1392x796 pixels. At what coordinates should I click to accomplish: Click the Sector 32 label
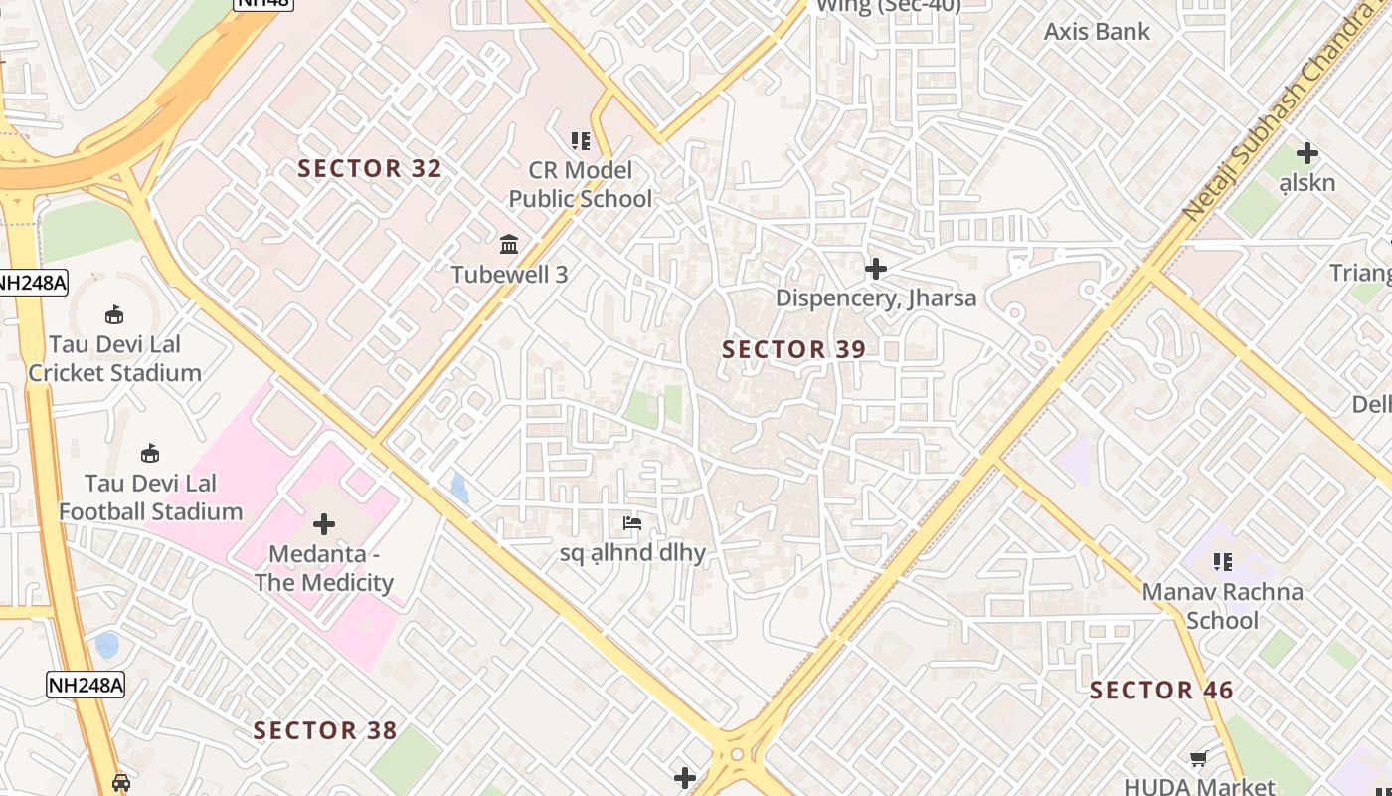click(x=370, y=169)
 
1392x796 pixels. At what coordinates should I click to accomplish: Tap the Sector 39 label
click(x=793, y=349)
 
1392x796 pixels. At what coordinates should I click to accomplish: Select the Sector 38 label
click(x=325, y=731)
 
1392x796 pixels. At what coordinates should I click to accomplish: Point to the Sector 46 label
click(x=1161, y=691)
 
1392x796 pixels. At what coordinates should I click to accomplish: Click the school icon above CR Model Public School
click(x=580, y=141)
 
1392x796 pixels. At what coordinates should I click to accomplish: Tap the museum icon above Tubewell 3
click(x=509, y=244)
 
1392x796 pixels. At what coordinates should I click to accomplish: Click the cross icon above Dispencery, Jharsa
click(x=875, y=269)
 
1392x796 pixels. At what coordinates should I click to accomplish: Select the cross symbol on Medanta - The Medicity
click(x=323, y=524)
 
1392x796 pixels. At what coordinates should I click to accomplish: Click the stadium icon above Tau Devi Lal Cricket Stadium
click(x=114, y=315)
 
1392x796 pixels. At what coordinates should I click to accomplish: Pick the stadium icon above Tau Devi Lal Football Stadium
click(x=150, y=454)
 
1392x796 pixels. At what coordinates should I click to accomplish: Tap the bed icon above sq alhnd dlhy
click(x=631, y=523)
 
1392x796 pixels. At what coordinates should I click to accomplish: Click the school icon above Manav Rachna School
click(x=1222, y=562)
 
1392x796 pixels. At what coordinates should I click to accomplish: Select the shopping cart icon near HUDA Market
click(x=1200, y=759)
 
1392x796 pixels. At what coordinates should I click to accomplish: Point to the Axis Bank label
click(x=1097, y=31)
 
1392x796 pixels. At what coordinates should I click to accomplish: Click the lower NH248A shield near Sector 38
click(x=86, y=685)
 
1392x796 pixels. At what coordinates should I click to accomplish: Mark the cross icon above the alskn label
click(x=1306, y=153)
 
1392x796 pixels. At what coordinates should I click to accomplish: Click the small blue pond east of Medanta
click(x=458, y=488)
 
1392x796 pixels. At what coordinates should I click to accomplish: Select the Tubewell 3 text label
click(x=509, y=275)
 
